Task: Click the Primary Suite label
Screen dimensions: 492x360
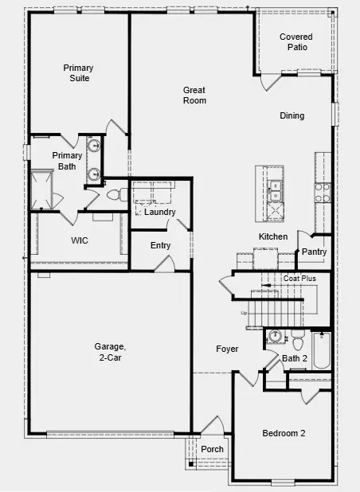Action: point(78,73)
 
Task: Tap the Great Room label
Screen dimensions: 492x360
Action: point(194,96)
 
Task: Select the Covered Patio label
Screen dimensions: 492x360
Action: point(295,42)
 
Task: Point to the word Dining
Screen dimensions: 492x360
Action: point(292,116)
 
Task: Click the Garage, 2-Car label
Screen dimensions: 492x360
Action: point(111,352)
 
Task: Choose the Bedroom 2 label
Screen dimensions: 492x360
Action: point(284,434)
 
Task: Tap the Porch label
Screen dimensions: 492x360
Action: point(212,450)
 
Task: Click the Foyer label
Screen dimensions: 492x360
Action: point(228,349)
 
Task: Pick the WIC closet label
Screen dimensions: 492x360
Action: point(80,240)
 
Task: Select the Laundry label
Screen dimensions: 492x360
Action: point(160,212)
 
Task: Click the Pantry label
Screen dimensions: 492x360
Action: point(315,252)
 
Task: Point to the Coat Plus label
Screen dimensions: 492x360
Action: point(300,279)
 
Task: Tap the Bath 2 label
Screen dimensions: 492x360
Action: point(295,359)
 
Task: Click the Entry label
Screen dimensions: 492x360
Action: point(160,245)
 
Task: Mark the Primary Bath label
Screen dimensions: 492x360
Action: point(67,161)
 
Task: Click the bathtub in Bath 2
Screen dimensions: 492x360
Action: point(321,350)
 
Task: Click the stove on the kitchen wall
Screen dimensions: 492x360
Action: point(323,191)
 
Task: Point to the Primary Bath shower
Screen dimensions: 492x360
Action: point(41,189)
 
